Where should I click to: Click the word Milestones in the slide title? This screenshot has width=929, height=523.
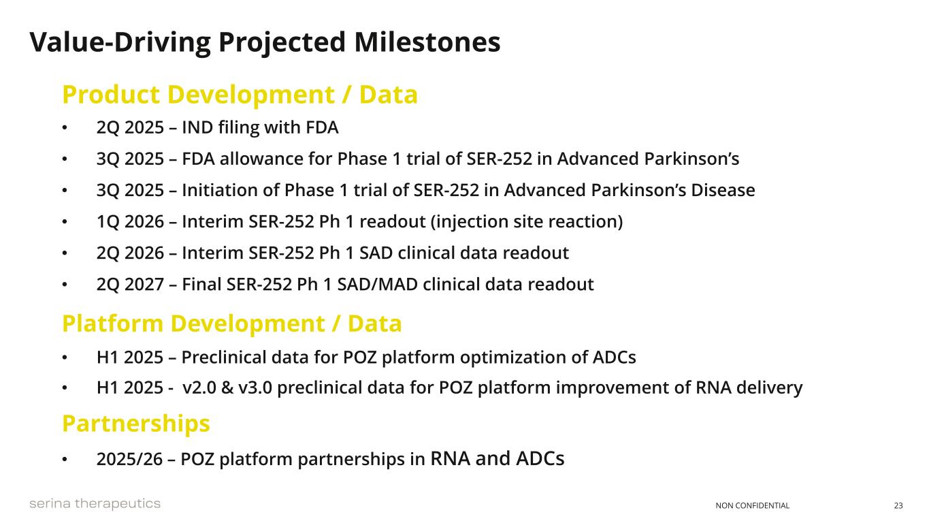point(427,42)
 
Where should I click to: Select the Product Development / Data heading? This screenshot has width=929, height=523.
point(240,95)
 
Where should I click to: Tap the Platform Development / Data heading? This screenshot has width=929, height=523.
point(232,324)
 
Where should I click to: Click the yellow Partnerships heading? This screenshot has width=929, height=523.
point(136,424)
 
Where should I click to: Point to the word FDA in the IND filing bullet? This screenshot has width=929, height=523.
point(322,127)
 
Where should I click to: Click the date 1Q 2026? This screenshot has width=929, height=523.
point(130,221)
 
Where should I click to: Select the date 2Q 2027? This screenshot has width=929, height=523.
point(130,285)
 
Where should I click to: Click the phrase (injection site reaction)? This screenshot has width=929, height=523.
point(527,222)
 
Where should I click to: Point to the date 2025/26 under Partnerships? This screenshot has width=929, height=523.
point(129,459)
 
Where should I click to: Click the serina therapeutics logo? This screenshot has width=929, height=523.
point(95,504)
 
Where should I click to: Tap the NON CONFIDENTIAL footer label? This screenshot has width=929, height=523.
point(752,505)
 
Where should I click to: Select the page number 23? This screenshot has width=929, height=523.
point(898,505)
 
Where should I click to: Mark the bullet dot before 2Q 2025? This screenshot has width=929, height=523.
point(65,127)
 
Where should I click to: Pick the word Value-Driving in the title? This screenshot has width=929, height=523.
point(120,43)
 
